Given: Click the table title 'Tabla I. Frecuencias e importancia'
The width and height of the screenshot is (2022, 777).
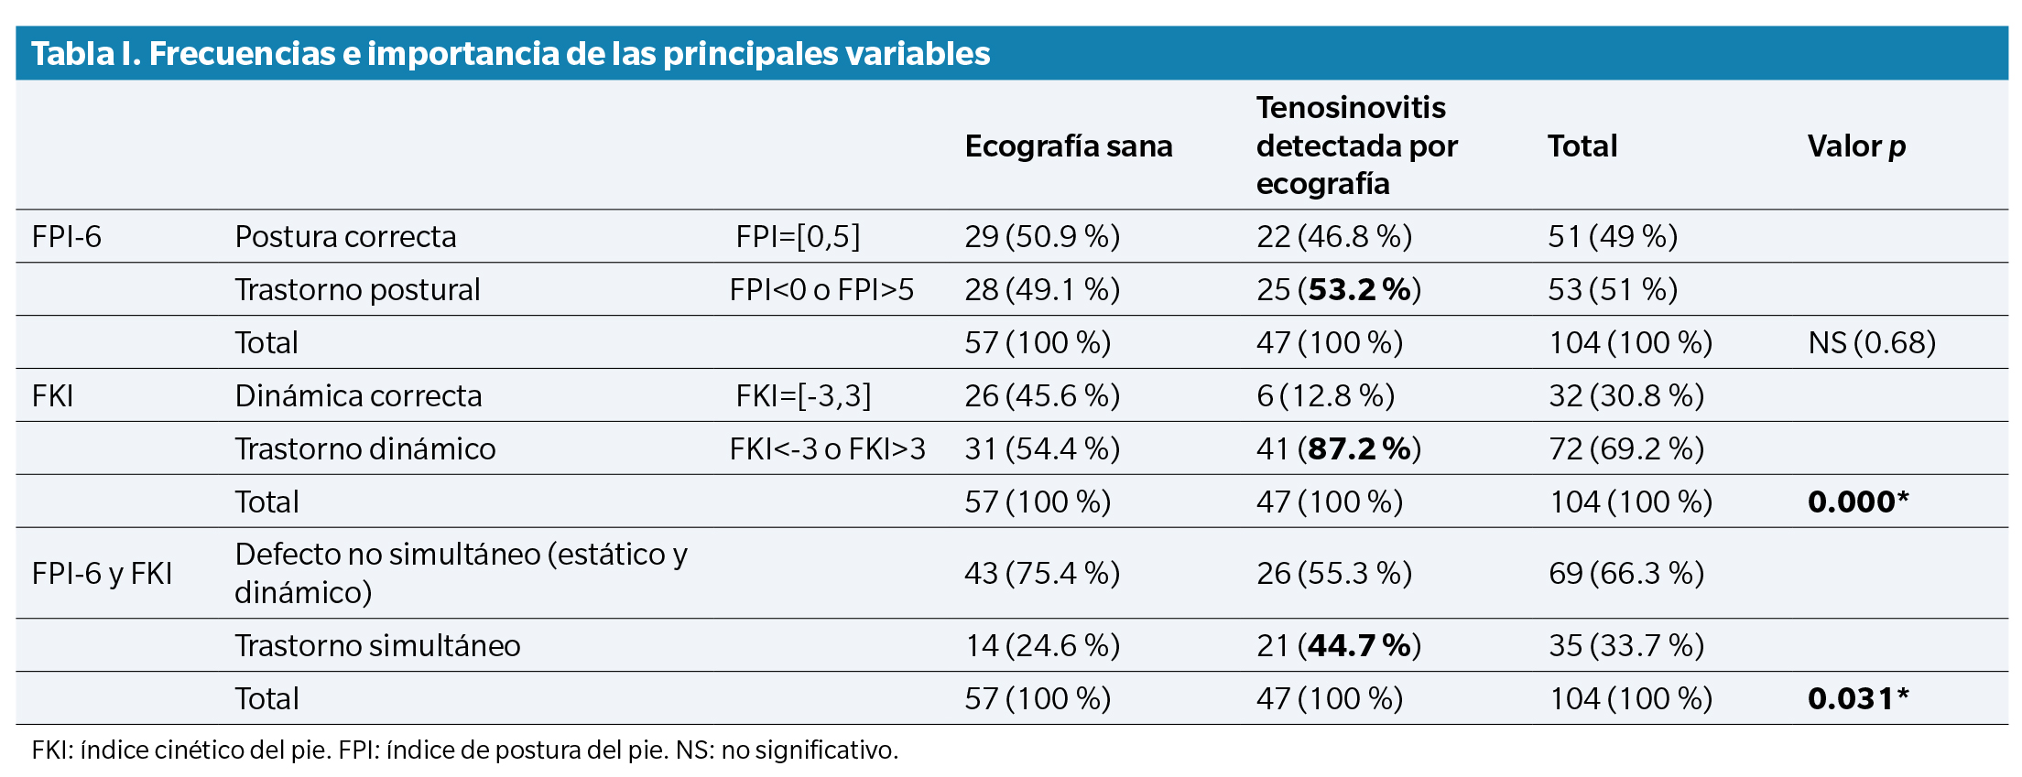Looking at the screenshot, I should [510, 54].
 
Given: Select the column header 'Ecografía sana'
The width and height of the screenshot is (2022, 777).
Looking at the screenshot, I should [1068, 146].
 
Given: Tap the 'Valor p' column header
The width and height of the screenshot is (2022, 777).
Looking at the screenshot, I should [1856, 146].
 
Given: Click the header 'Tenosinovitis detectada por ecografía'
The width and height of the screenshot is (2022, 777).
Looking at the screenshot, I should [1356, 146].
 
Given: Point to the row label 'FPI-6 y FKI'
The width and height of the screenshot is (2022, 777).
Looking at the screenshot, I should [102, 574].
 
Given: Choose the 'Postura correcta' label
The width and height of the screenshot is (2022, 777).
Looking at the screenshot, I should [345, 237].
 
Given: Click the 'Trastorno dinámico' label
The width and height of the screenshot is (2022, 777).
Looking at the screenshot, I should [364, 449].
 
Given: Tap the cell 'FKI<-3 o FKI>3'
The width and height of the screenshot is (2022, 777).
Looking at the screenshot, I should [827, 449].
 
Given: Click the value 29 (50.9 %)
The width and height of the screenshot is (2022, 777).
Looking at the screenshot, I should [1042, 237].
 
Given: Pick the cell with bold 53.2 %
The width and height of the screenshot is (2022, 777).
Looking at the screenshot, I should [1338, 290].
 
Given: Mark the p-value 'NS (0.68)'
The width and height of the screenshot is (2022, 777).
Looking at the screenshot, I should [1872, 343].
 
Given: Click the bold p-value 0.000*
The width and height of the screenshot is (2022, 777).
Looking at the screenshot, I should [1858, 502].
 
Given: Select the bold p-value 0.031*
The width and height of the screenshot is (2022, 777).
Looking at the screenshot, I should [1858, 699].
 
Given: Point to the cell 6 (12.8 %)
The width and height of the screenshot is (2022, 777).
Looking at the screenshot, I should [1325, 396].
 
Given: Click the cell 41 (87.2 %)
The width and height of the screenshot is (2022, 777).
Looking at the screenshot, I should [1338, 449].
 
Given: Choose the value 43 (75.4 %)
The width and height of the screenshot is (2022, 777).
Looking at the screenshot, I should [1042, 574].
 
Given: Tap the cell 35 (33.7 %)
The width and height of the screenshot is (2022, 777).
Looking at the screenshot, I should [1626, 646].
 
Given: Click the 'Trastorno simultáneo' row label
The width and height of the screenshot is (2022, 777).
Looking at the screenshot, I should [377, 646].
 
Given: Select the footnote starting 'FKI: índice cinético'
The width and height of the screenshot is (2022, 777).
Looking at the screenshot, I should [464, 750].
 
